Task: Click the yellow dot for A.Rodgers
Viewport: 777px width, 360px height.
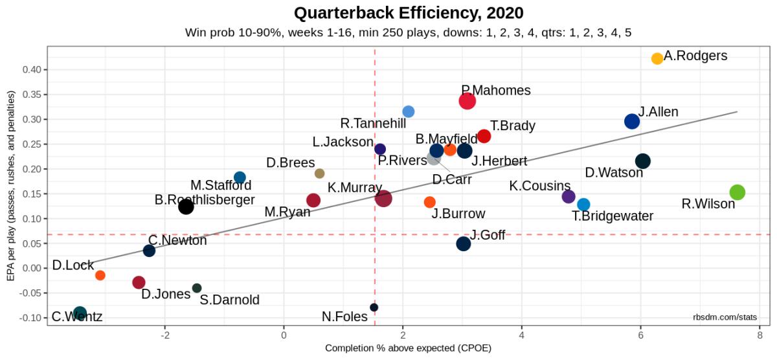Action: pyautogui.click(x=657, y=58)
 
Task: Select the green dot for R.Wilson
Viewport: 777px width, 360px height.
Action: pyautogui.click(x=737, y=192)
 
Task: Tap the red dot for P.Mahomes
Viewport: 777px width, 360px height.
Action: pyautogui.click(x=467, y=100)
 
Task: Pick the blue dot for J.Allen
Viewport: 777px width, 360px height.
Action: pyautogui.click(x=632, y=121)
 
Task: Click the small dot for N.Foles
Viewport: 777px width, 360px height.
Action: pyautogui.click(x=374, y=307)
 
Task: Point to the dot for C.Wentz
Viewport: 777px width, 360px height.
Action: pyautogui.click(x=80, y=313)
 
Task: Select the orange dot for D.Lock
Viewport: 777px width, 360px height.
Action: pyautogui.click(x=100, y=275)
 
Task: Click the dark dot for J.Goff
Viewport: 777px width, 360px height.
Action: pyautogui.click(x=463, y=243)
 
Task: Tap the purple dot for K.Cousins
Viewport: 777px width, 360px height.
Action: pyautogui.click(x=569, y=196)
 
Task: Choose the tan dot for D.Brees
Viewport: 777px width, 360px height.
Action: pyautogui.click(x=319, y=173)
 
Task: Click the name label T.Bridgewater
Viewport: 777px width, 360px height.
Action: pyautogui.click(x=613, y=216)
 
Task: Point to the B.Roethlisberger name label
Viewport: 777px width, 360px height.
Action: pyautogui.click(x=205, y=200)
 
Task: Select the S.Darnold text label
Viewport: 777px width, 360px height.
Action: pyautogui.click(x=229, y=300)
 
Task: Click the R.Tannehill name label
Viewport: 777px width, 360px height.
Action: pyautogui.click(x=373, y=123)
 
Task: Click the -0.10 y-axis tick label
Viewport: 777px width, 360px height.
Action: pyautogui.click(x=31, y=318)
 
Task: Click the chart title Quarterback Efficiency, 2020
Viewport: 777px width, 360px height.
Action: pyautogui.click(x=409, y=13)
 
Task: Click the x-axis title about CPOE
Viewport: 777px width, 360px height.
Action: pyautogui.click(x=408, y=348)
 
